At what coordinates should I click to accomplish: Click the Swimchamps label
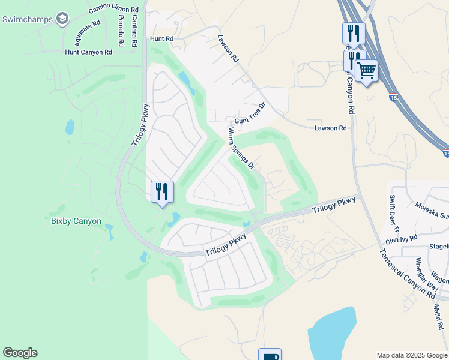[27, 19]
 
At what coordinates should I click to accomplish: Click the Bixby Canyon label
[76, 221]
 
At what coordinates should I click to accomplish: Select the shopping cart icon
[366, 71]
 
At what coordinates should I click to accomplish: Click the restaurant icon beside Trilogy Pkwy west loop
[162, 191]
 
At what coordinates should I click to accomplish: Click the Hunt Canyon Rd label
[89, 52]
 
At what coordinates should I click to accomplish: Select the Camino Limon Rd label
[113, 9]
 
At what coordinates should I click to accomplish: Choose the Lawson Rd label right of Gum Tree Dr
[330, 128]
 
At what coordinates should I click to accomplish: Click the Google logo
[20, 353]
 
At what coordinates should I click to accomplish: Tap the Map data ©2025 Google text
[411, 355]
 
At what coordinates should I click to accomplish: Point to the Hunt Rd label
[161, 38]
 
